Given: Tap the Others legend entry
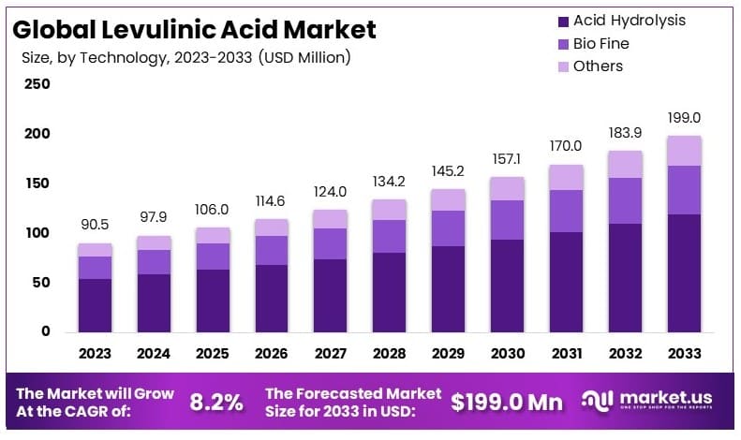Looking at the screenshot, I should [x=598, y=66].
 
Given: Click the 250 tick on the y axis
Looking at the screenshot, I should [x=37, y=84].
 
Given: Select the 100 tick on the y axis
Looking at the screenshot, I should [x=37, y=233].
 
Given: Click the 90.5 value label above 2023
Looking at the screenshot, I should [x=95, y=225].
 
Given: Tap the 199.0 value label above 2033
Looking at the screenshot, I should [x=684, y=118].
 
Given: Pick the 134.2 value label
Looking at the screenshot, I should [x=389, y=182].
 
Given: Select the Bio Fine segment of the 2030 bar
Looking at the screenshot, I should [x=507, y=220].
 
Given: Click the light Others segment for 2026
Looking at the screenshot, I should [x=271, y=227].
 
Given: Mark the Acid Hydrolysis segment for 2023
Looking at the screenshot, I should [x=95, y=305].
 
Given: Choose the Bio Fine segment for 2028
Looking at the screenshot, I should [x=389, y=236].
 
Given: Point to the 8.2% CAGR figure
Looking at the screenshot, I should [x=216, y=403].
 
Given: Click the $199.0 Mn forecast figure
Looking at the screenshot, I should [x=507, y=403].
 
